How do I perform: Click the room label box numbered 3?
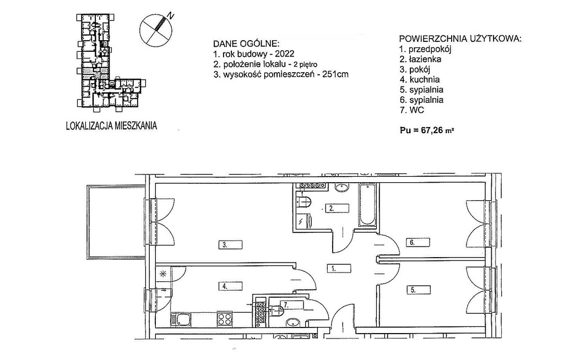tap(231, 245)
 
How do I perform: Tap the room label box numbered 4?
tap(231, 286)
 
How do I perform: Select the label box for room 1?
tap(339, 268)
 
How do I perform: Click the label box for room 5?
tap(419, 290)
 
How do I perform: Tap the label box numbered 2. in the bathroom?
tap(338, 208)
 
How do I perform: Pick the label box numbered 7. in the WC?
tap(293, 305)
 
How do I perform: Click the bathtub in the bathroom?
tap(367, 205)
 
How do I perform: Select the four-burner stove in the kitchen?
tap(225, 319)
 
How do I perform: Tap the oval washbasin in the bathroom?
tap(341, 187)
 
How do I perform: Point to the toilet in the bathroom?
tap(304, 203)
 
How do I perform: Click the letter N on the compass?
tap(171, 15)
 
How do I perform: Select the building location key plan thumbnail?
tap(111, 61)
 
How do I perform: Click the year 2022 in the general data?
tap(285, 54)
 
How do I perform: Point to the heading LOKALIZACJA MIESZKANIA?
tap(111, 126)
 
